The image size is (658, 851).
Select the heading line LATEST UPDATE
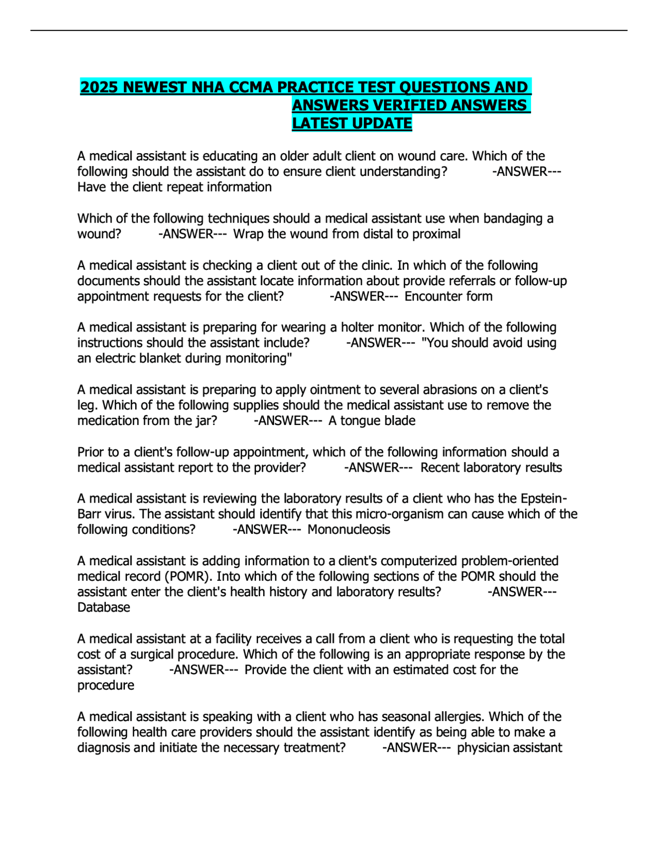tap(352, 123)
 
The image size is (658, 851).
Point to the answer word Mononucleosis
tap(349, 530)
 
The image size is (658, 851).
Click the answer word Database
tap(103, 607)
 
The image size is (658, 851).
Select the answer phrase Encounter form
tap(448, 297)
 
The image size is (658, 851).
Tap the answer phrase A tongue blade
tap(372, 421)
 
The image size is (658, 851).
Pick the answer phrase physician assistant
tap(509, 748)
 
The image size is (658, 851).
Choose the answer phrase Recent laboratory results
tap(491, 468)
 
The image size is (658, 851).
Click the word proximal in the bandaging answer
tap(437, 234)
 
